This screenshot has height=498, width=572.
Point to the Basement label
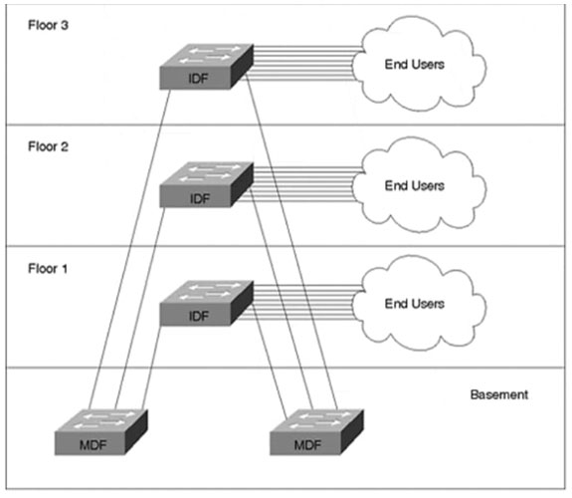(x=498, y=395)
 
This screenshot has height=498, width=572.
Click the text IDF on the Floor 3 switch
(x=200, y=79)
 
